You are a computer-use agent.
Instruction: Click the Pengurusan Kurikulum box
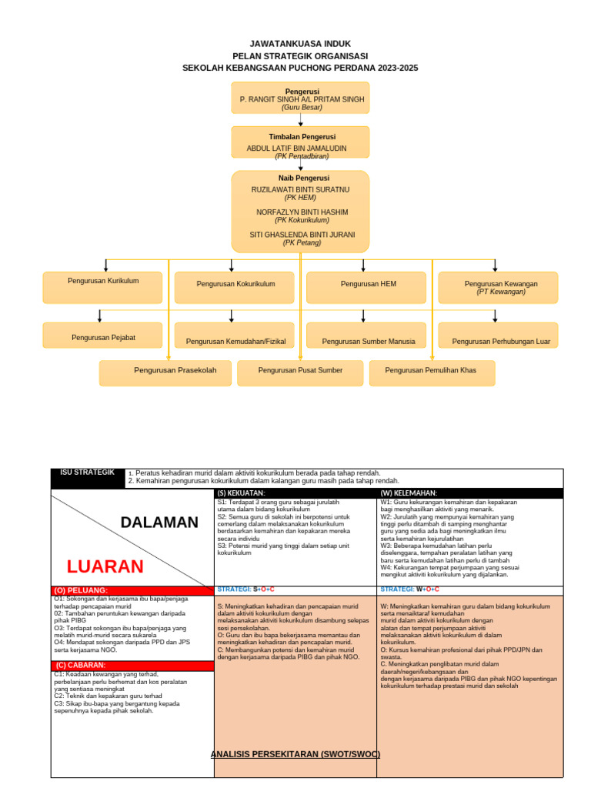click(103, 287)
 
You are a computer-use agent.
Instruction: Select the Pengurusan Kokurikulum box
click(235, 287)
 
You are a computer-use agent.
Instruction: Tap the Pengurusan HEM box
click(366, 287)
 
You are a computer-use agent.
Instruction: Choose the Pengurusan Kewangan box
click(497, 287)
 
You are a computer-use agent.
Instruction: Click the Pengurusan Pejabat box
click(103, 336)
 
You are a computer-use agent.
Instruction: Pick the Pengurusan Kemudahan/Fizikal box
click(235, 336)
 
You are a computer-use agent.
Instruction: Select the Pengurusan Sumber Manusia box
click(366, 336)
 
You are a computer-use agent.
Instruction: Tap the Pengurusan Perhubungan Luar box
click(497, 336)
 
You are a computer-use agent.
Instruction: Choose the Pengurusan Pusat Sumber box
click(300, 372)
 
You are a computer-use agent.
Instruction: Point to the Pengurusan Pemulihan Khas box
click(431, 372)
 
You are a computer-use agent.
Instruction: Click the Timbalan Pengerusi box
click(300, 142)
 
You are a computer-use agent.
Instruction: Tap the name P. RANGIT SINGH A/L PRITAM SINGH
click(302, 100)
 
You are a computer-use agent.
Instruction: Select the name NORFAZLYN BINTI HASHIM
click(302, 212)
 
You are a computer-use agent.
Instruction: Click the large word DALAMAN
click(159, 523)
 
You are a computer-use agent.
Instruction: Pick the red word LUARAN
click(105, 567)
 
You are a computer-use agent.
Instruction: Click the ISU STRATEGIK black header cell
click(88, 477)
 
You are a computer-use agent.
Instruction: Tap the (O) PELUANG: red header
click(132, 590)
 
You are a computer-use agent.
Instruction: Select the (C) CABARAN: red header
click(132, 665)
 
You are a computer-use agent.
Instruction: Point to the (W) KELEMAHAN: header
click(469, 493)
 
